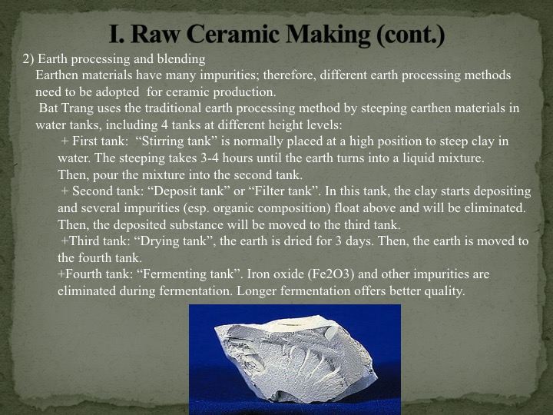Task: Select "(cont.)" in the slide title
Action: coord(410,35)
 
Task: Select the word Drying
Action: coord(161,241)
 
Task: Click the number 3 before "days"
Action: coord(338,242)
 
